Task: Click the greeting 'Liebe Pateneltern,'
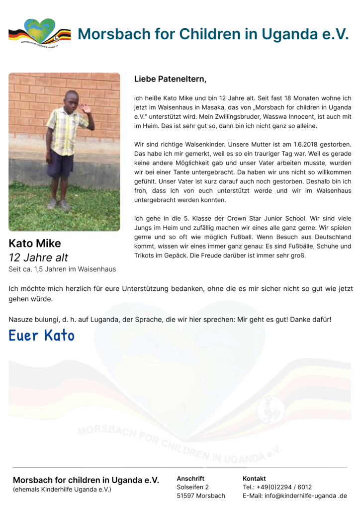tap(170, 79)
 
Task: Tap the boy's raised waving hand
tap(86, 108)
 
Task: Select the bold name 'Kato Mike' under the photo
tap(35, 244)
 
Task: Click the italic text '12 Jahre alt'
tap(38, 257)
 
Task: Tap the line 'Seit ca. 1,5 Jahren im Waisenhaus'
tap(62, 269)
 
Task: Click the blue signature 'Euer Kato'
tap(42, 336)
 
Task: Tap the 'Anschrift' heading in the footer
tap(190, 478)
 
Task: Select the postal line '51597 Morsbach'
tap(200, 496)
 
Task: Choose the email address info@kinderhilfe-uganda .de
tap(305, 496)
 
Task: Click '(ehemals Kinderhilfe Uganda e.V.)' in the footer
tap(62, 490)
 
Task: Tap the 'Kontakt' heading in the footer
tap(254, 478)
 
